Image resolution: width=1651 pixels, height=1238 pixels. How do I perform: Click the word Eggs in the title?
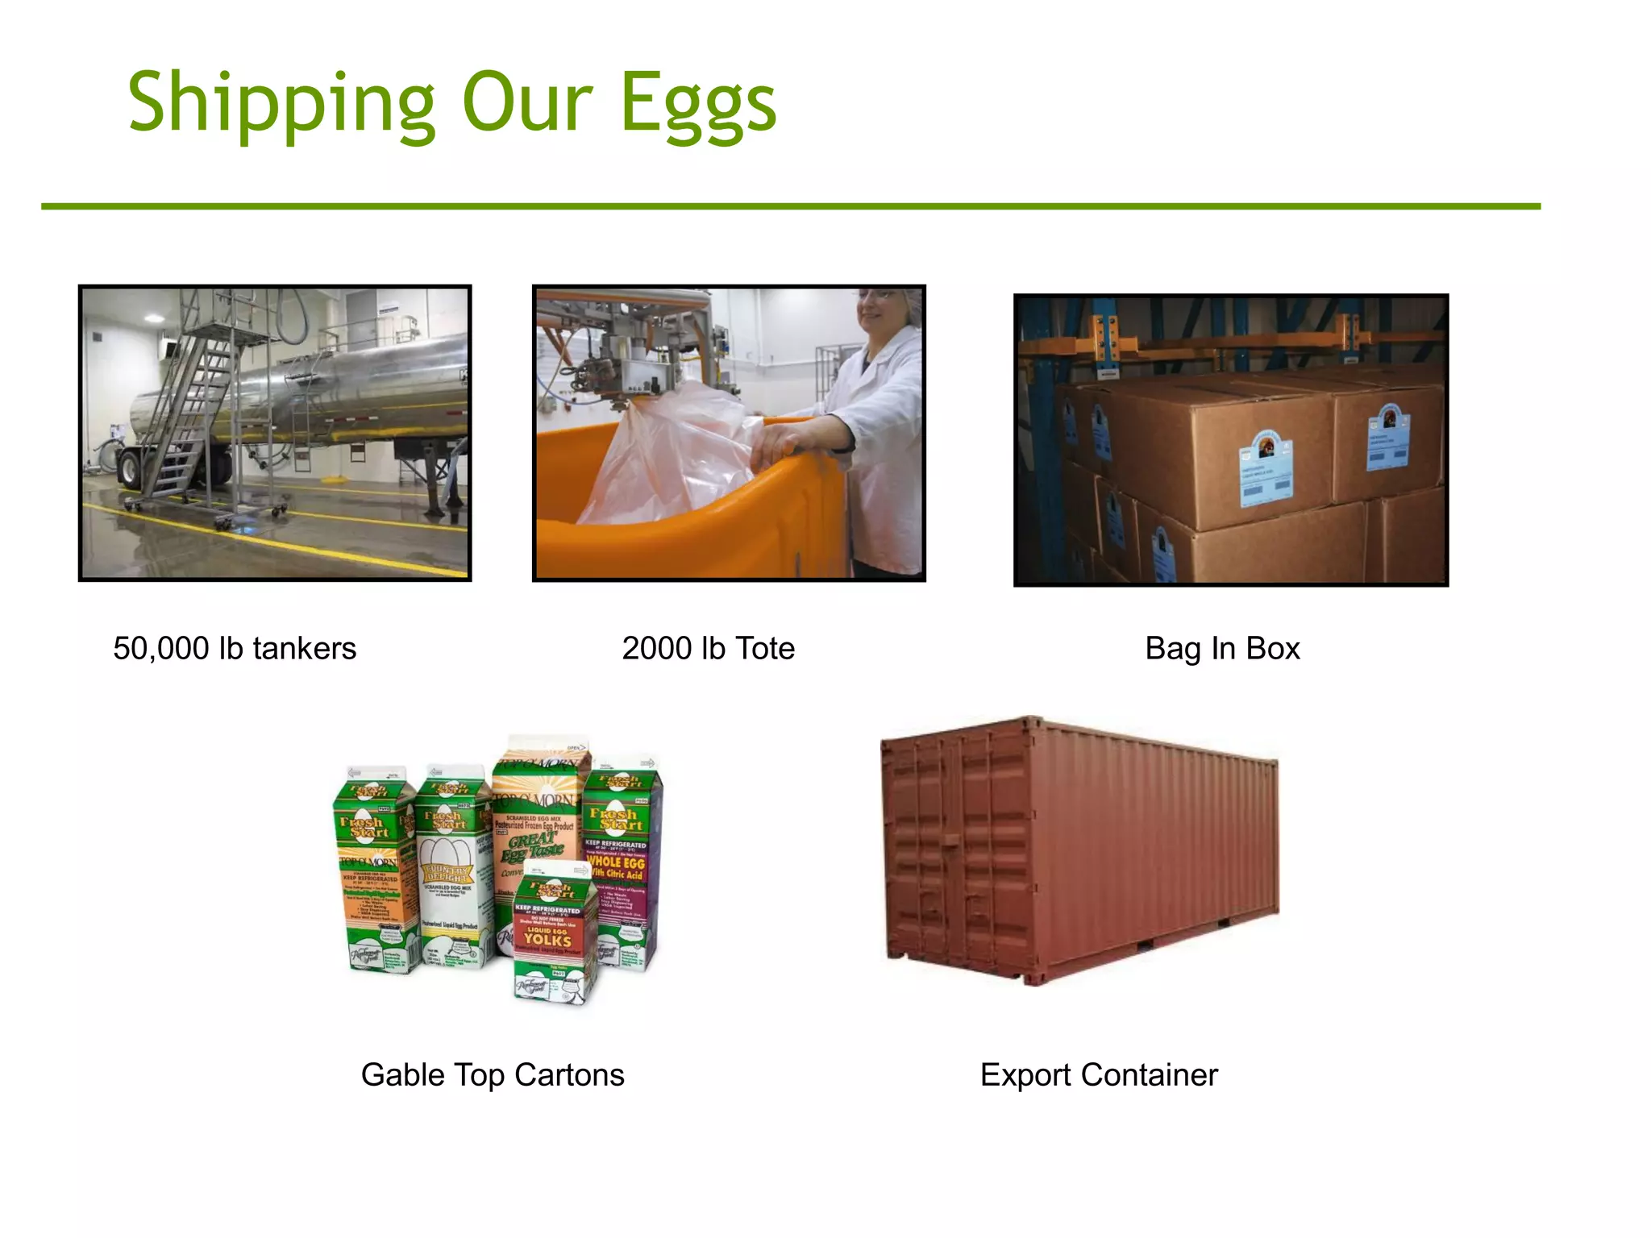[698, 105]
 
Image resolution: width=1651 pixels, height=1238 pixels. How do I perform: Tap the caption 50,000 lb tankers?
[235, 649]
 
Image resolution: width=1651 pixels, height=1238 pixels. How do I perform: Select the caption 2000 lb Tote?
[708, 649]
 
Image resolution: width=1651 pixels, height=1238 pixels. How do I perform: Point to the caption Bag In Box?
[1222, 649]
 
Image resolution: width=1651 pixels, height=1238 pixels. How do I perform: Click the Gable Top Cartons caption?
[493, 1075]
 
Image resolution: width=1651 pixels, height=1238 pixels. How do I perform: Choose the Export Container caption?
[1099, 1075]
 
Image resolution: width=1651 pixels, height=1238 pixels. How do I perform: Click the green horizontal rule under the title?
[790, 206]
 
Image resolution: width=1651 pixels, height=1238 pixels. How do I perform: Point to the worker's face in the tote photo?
[883, 310]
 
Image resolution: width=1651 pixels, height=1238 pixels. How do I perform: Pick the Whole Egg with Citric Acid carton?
[621, 862]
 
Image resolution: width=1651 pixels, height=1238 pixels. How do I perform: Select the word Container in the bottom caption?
[1149, 1075]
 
